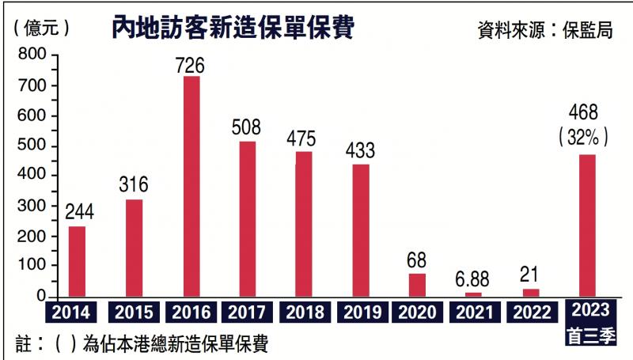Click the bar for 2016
tap(191, 187)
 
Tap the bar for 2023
tap(587, 225)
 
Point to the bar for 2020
tap(417, 285)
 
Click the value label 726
tap(191, 64)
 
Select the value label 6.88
tap(473, 278)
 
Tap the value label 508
tap(247, 128)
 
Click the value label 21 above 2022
tap(529, 274)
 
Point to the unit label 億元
tap(43, 28)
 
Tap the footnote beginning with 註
tap(142, 344)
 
